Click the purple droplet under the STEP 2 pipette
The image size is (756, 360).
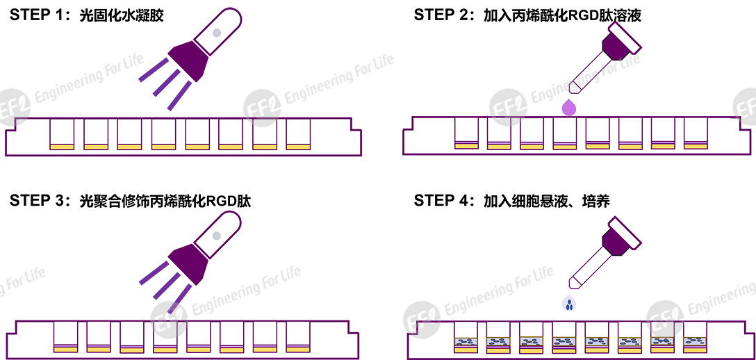click(x=569, y=107)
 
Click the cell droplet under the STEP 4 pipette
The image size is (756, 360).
click(x=569, y=303)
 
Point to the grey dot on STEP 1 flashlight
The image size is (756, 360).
click(x=217, y=32)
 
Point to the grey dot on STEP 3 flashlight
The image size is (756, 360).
click(x=217, y=236)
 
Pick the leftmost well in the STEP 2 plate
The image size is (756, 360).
click(x=466, y=133)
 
